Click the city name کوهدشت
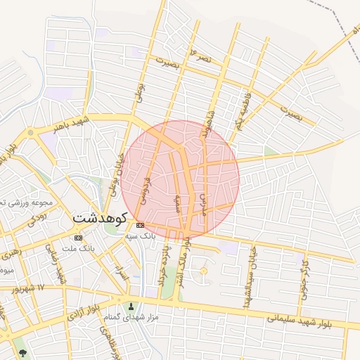pos(98,218)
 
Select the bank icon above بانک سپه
pos(141,225)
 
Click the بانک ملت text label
pos(77,249)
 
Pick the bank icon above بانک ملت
pos(77,238)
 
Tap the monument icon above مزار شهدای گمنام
pos(129,306)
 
